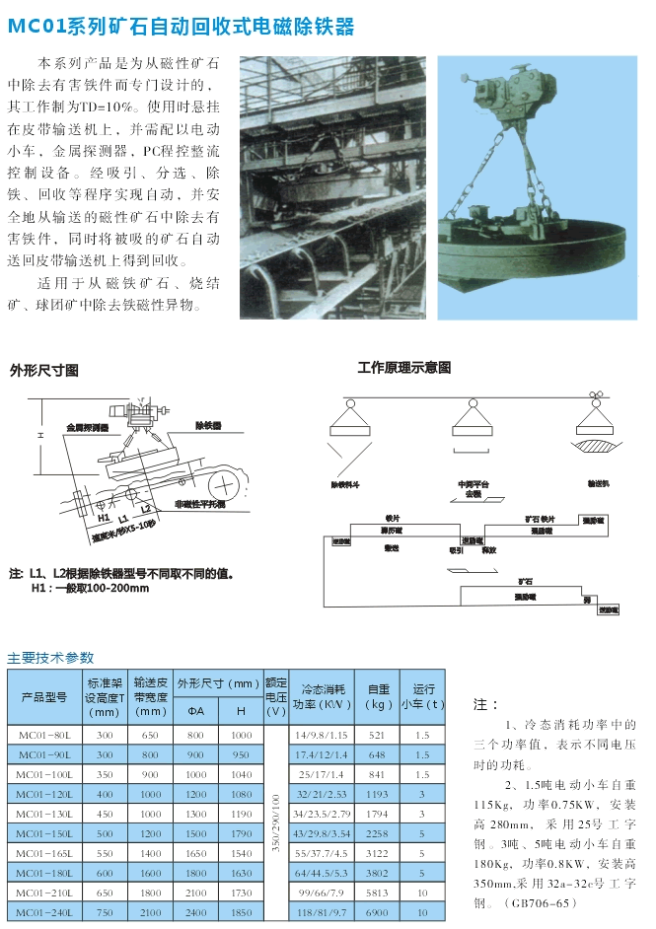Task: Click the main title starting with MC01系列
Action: tap(181, 27)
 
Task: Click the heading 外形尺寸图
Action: tap(43, 371)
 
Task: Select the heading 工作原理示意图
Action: tap(403, 368)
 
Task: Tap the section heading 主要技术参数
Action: tap(51, 657)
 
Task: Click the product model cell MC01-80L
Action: tap(45, 735)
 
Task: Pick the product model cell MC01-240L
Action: tap(45, 913)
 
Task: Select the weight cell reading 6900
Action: tap(377, 913)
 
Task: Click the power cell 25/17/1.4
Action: tap(322, 774)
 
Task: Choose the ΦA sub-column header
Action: tap(195, 710)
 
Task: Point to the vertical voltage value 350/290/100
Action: tap(276, 823)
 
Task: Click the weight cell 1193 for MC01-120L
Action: tap(377, 794)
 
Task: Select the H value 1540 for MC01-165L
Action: tap(241, 853)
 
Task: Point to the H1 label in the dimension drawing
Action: tap(104, 516)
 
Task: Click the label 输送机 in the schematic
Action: tap(599, 484)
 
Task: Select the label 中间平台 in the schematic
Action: tap(473, 484)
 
